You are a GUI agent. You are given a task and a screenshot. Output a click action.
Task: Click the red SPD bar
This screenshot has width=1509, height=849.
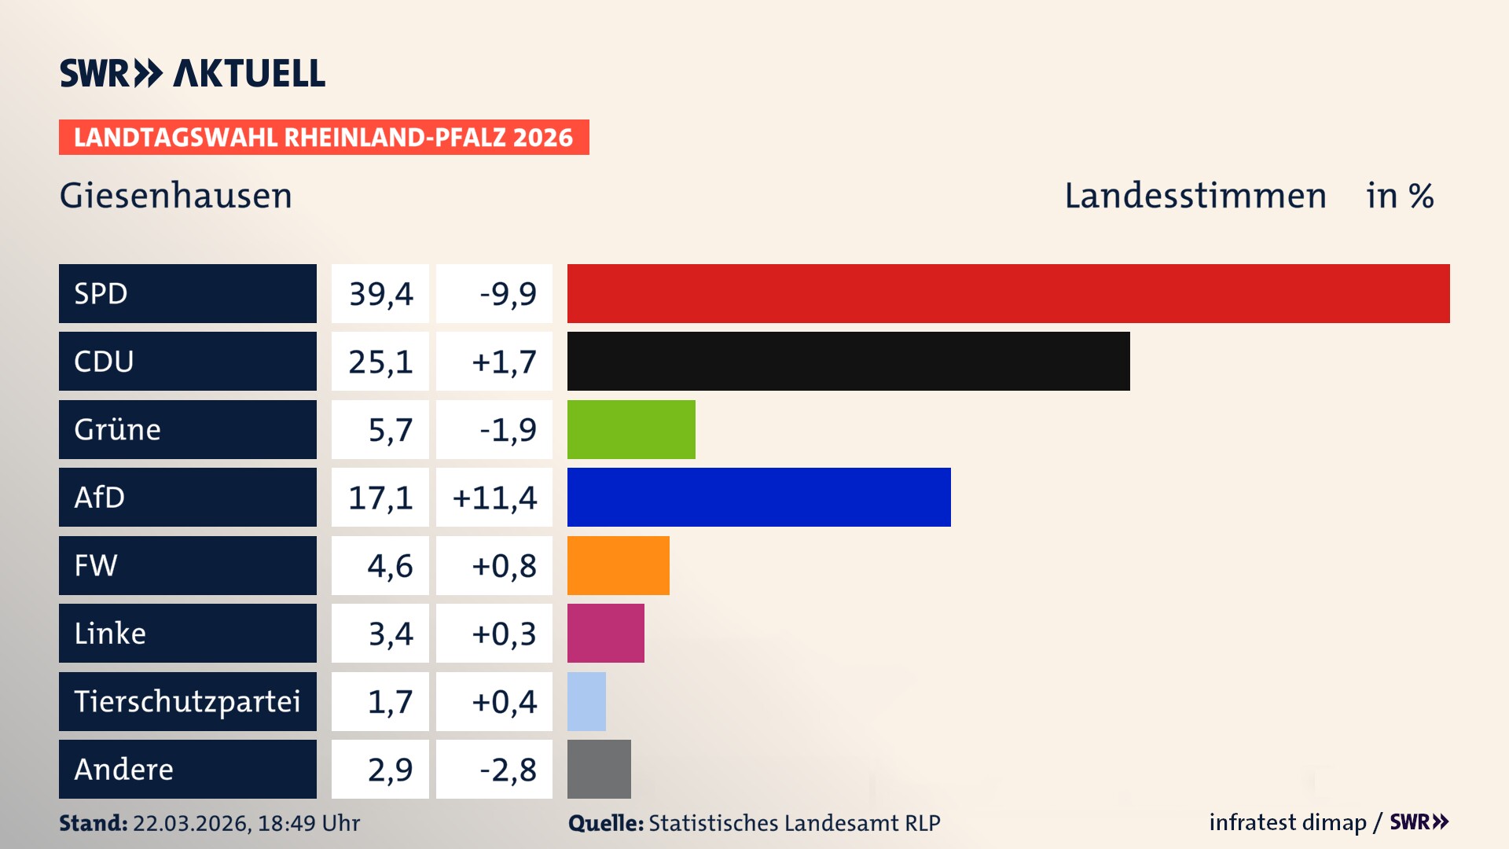coord(1008,293)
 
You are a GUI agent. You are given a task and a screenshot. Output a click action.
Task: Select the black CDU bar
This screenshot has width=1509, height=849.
coord(848,362)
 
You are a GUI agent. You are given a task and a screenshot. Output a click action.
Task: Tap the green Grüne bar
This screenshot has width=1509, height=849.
coord(631,429)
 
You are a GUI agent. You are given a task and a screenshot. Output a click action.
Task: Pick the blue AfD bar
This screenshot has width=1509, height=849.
coord(758,497)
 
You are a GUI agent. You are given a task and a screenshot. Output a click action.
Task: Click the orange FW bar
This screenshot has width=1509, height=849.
coord(618,565)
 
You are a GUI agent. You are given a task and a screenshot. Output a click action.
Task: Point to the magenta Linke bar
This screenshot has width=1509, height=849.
coord(605,633)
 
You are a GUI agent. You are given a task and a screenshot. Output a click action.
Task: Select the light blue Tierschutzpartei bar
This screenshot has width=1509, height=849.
coord(586,701)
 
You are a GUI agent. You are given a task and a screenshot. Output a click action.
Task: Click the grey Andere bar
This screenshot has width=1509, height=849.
coord(599,769)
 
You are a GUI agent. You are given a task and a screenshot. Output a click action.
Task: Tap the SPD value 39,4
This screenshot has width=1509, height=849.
coord(380,294)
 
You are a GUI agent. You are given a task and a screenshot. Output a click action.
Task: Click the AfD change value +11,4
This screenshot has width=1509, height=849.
coord(494,498)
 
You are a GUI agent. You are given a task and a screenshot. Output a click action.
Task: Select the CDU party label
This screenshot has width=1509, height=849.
coord(104,362)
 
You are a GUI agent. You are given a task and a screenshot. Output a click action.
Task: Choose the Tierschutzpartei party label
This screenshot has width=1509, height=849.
coord(187,701)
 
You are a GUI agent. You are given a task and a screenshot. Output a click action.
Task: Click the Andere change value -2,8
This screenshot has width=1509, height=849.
coord(508,770)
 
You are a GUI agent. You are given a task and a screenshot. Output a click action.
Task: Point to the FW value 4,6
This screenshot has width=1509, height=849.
coord(390,566)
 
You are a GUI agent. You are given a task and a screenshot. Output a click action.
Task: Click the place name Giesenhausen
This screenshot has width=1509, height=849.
coord(176,196)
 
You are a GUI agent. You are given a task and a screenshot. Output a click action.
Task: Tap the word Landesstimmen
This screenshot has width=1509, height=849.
coord(1195,196)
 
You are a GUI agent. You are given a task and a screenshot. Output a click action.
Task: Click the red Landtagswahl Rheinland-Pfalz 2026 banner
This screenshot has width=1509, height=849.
coord(324,138)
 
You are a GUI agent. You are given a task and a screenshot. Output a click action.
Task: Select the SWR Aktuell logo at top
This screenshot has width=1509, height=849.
coord(193,73)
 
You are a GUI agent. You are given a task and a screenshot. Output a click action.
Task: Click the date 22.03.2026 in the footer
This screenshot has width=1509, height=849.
coord(191,823)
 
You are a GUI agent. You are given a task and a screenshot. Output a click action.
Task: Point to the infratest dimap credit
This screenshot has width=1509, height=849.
coord(1287,822)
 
